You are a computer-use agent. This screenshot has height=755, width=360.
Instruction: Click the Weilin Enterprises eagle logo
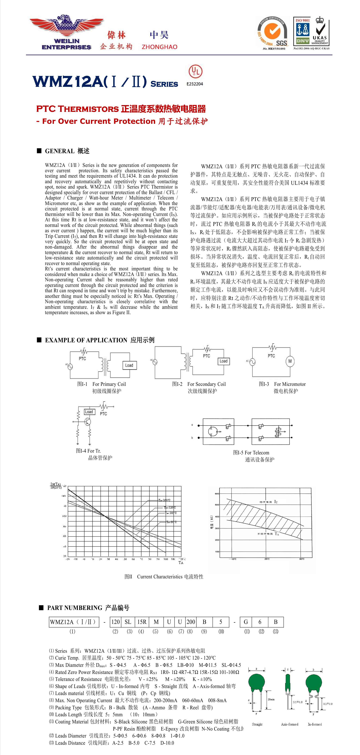point(67,32)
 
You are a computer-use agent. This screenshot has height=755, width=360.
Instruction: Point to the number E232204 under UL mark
point(195,84)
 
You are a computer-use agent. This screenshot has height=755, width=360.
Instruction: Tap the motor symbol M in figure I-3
point(290,361)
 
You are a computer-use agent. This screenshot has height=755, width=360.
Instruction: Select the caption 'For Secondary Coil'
point(206,384)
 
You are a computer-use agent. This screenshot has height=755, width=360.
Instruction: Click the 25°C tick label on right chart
point(267,559)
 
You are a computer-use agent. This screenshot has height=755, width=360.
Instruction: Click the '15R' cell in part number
point(142,622)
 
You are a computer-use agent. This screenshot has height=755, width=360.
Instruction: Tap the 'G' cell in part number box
point(246,622)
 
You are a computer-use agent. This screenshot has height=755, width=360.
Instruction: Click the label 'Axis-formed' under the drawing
point(289,724)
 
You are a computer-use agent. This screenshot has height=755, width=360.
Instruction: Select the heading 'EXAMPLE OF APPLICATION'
point(86,340)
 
